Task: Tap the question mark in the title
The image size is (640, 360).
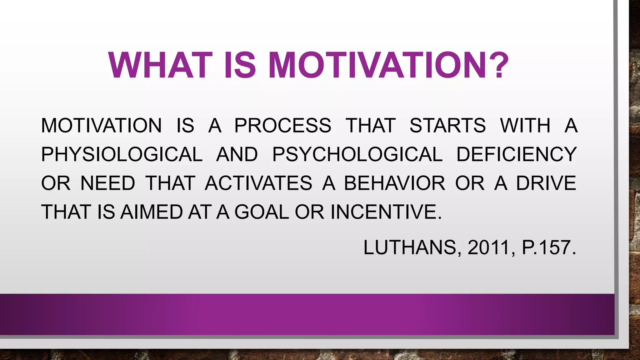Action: click(x=497, y=65)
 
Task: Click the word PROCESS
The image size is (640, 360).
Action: click(x=283, y=126)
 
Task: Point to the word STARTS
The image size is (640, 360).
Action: click(x=447, y=126)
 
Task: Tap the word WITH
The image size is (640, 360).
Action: click(x=525, y=126)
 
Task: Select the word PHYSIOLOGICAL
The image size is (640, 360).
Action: click(x=122, y=154)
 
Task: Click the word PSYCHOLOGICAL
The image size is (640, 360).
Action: click(x=357, y=154)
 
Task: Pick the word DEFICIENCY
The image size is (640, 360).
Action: click(x=516, y=154)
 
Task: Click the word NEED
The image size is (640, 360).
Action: click(x=108, y=183)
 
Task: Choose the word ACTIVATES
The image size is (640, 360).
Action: click(x=258, y=183)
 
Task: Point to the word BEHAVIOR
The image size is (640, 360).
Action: click(x=394, y=183)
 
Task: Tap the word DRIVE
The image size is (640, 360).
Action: click(x=546, y=183)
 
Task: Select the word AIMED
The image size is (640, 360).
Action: click(x=152, y=212)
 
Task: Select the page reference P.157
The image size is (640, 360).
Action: click(x=548, y=247)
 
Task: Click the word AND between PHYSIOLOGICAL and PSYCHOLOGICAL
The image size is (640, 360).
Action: click(x=237, y=154)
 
